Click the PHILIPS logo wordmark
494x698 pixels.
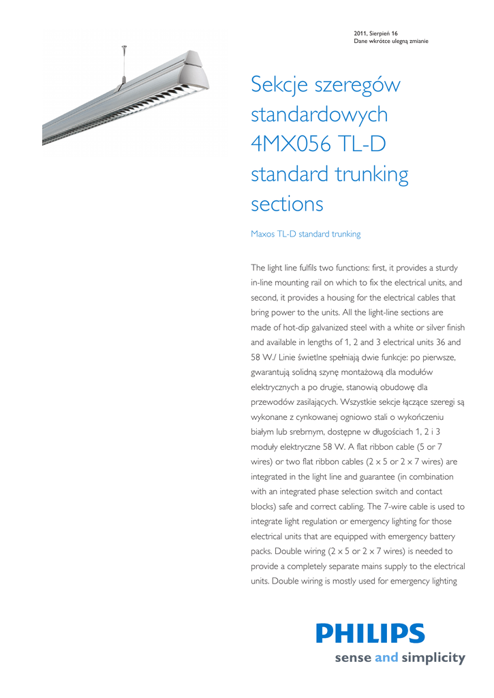(x=370, y=633)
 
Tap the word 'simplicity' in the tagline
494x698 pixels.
(x=433, y=658)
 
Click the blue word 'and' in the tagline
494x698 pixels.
(x=386, y=658)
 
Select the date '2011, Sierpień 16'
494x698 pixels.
(x=376, y=33)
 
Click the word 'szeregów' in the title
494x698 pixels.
(x=358, y=86)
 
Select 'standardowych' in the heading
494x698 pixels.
(x=319, y=115)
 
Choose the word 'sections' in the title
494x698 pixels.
(x=287, y=204)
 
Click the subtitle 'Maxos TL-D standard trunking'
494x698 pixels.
(x=305, y=234)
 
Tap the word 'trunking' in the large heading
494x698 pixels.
(x=372, y=174)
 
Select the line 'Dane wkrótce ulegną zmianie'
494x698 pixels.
(x=391, y=42)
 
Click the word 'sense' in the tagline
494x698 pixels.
(x=353, y=658)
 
